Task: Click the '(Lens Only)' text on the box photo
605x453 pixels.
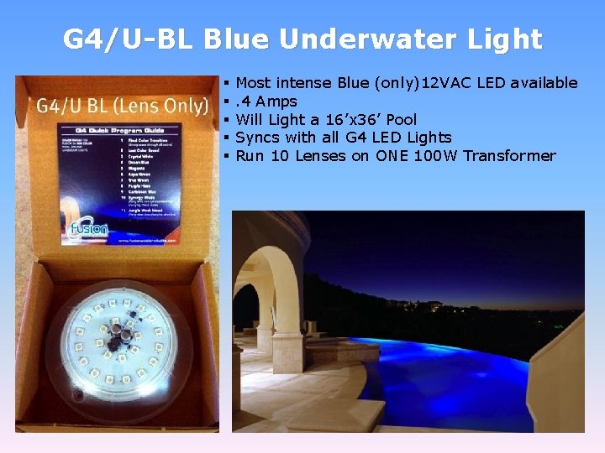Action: (167, 106)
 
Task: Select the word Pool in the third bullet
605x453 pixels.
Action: (400, 119)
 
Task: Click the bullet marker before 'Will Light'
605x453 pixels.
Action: (228, 119)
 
